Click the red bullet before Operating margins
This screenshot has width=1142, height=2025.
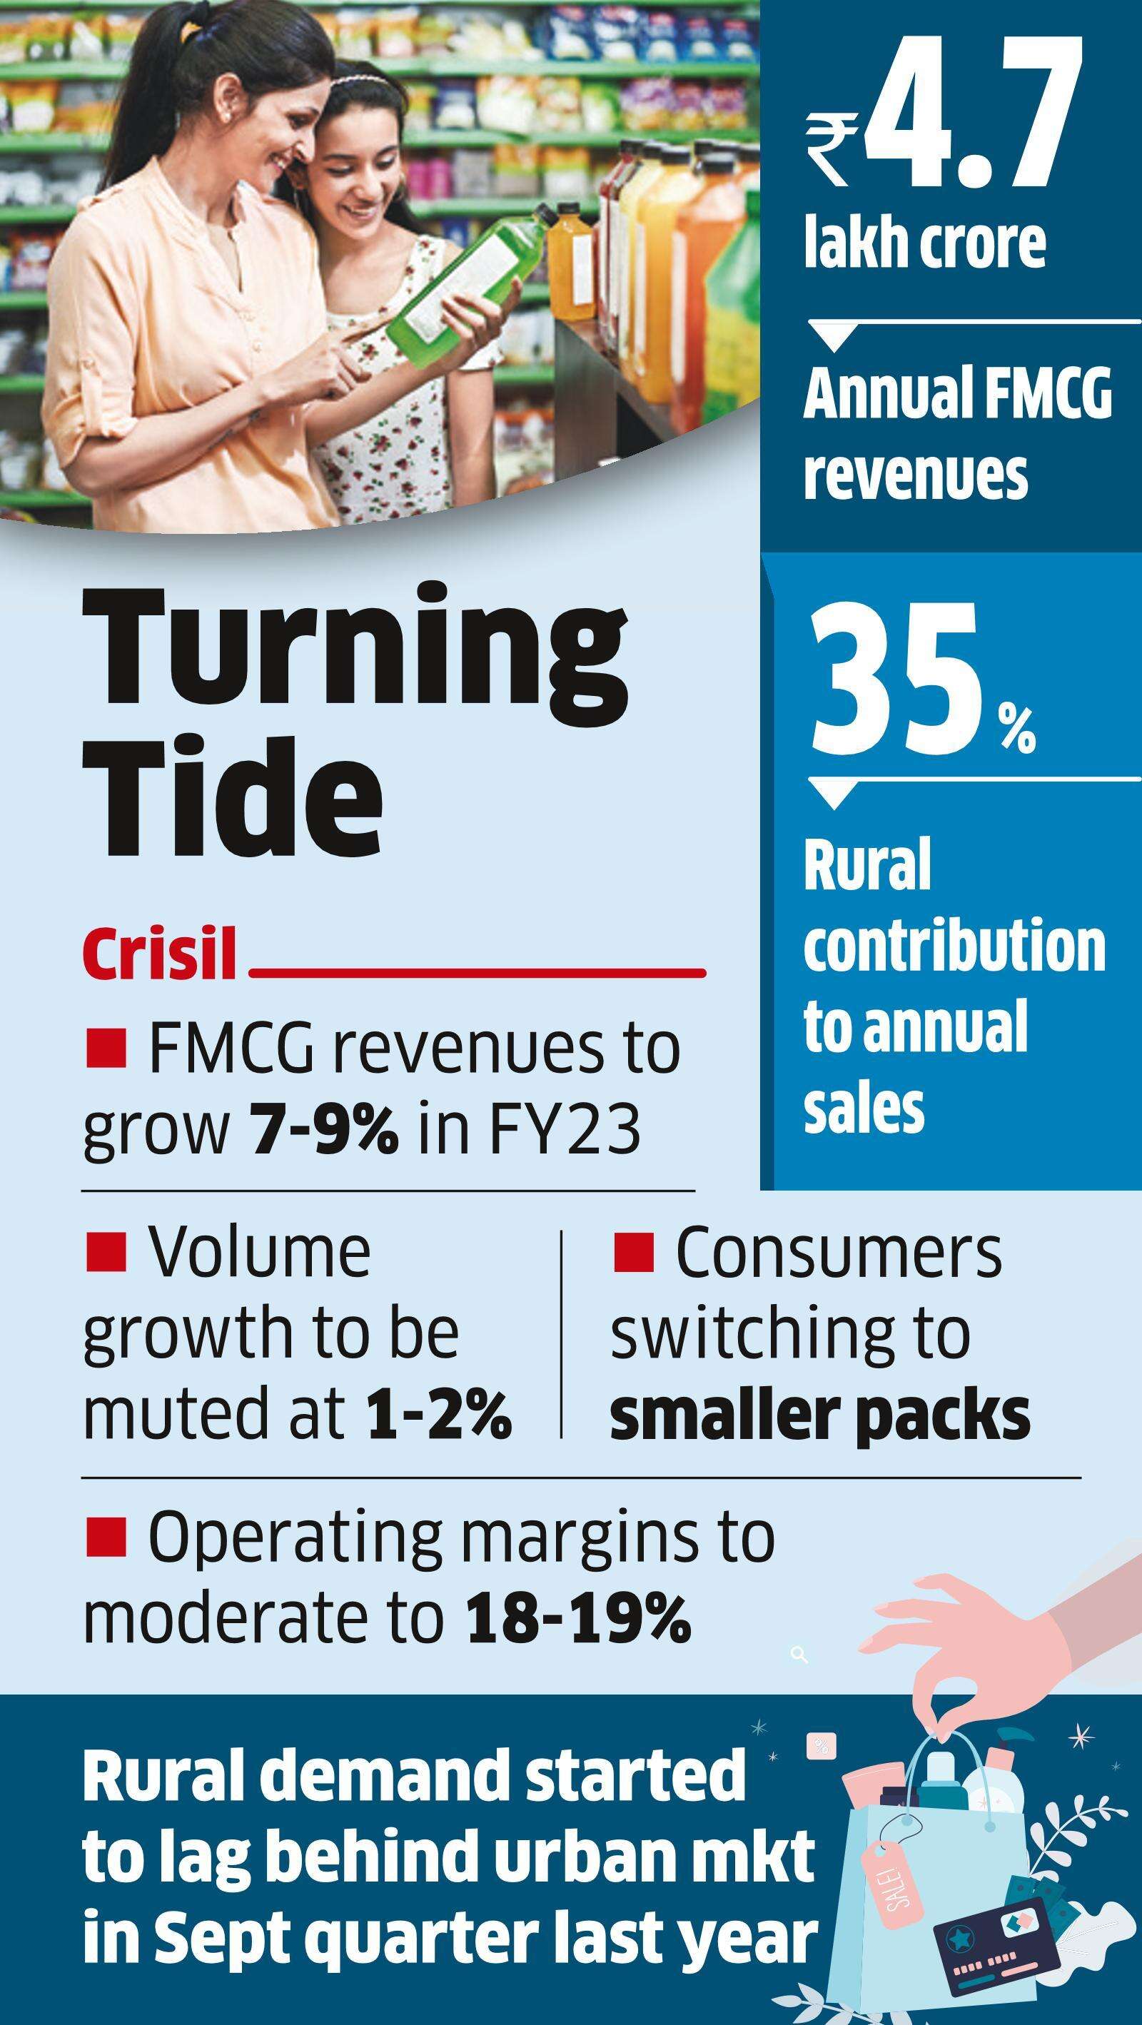[x=106, y=1536]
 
